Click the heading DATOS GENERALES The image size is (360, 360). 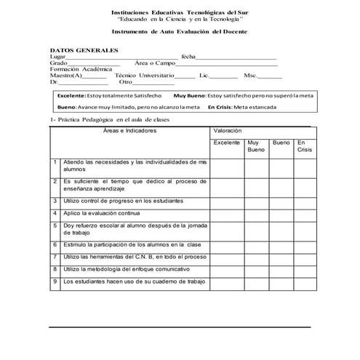[x=84, y=49]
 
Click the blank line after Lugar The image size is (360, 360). [x=120, y=57]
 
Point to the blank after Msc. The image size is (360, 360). [x=271, y=76]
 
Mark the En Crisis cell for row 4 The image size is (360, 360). [x=305, y=214]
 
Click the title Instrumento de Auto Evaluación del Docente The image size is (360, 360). [x=179, y=33]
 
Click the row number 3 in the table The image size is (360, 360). [x=55, y=200]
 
